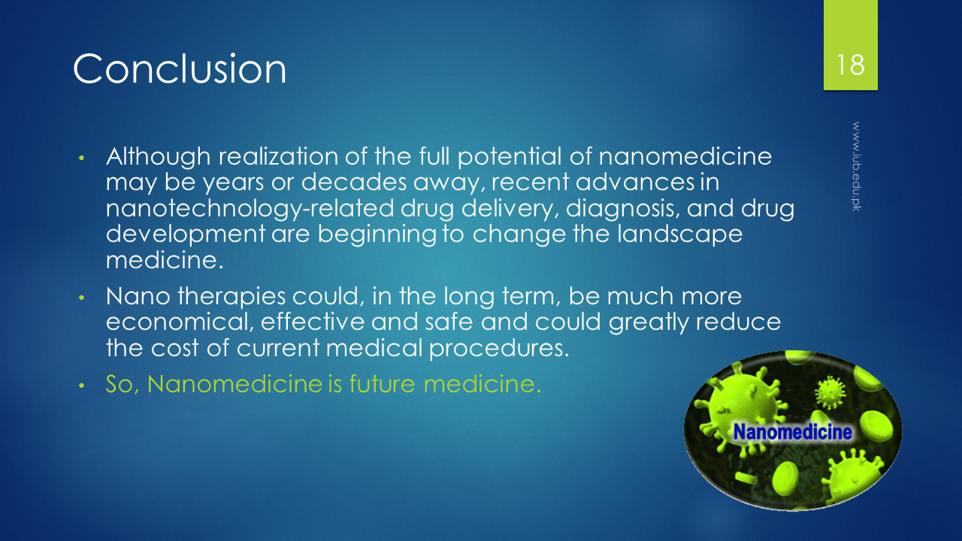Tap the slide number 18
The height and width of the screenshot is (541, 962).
point(850,65)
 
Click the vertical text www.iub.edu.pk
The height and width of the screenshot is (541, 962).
point(856,166)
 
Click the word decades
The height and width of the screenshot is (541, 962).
point(354,182)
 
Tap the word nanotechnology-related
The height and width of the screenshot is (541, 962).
point(250,210)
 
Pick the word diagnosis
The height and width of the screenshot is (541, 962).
point(623,210)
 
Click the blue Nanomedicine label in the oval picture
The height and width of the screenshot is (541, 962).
point(793,432)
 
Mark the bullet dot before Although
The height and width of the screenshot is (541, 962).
point(82,158)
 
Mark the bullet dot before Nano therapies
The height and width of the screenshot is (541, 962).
point(82,298)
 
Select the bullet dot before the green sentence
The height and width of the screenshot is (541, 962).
point(82,385)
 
